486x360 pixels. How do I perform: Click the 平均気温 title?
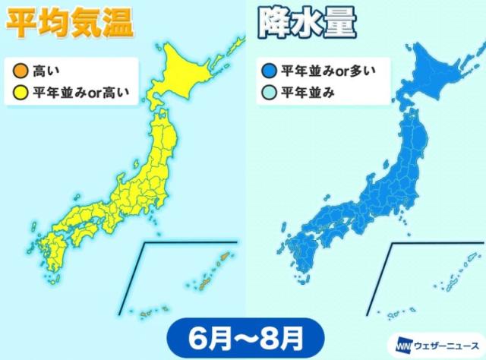(68, 22)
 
